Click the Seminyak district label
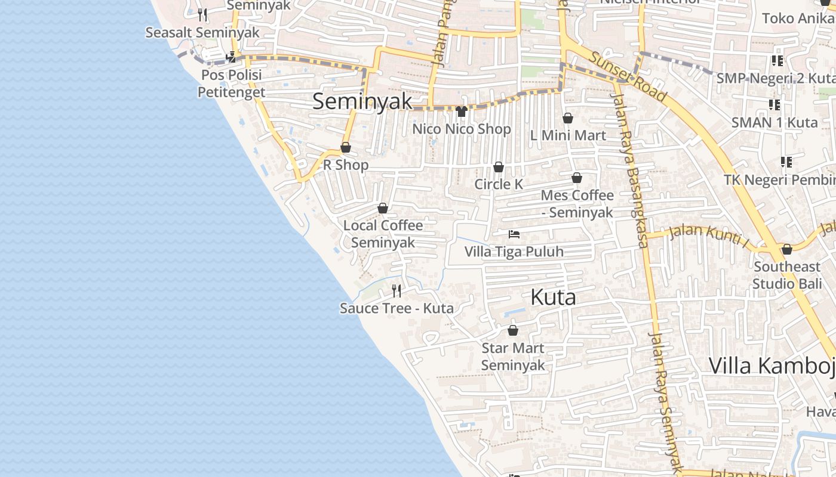tap(362, 101)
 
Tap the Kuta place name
tap(553, 297)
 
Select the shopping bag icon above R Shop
tap(346, 147)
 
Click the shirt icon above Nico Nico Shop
tap(461, 111)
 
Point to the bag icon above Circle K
tap(499, 167)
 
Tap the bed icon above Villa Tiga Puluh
tap(514, 234)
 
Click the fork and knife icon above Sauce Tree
tap(397, 291)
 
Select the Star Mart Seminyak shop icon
tap(512, 330)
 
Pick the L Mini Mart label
tap(568, 135)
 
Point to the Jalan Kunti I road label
tap(708, 234)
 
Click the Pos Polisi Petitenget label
tap(232, 83)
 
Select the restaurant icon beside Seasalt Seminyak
tap(202, 14)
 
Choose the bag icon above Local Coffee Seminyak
tap(383, 208)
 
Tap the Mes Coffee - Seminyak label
tap(577, 203)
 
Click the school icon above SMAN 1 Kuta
tap(774, 105)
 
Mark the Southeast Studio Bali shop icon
tap(787, 249)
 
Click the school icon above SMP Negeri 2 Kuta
tap(777, 60)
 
